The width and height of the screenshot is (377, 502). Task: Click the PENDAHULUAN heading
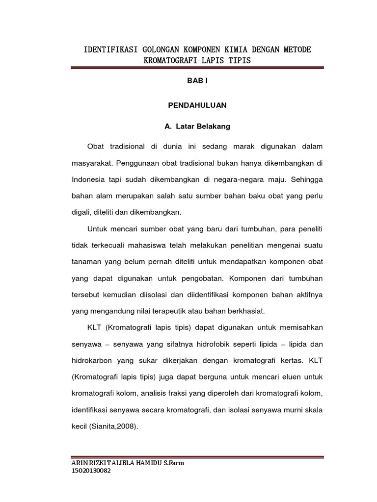coord(197,105)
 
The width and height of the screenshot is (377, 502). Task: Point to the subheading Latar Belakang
coord(202,126)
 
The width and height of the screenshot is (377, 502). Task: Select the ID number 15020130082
coord(91,471)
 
